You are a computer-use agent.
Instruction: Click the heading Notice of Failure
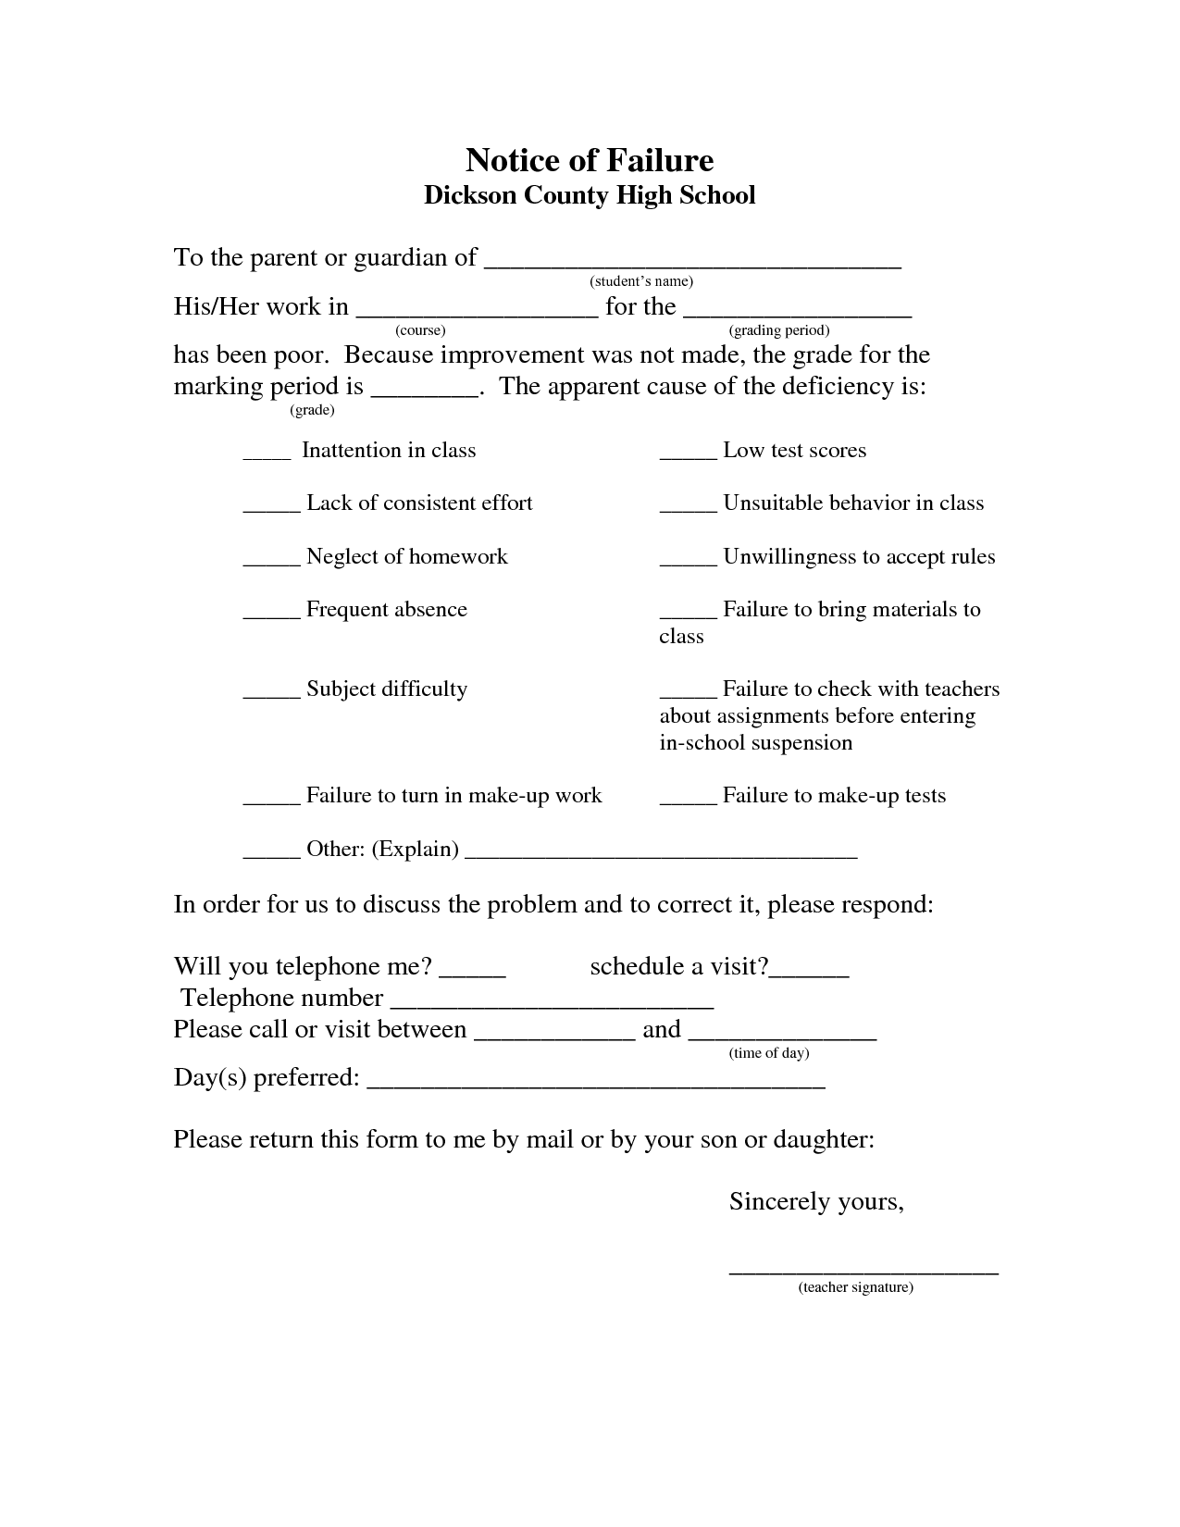point(590,160)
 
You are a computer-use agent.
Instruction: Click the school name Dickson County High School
point(590,195)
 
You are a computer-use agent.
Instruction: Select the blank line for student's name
point(692,262)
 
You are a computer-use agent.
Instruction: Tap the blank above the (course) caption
point(477,312)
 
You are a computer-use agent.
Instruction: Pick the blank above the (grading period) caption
point(798,312)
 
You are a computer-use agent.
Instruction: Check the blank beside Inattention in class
point(267,455)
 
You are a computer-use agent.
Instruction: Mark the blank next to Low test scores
point(688,455)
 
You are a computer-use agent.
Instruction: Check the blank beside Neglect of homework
point(271,562)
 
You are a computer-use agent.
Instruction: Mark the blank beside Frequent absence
point(271,615)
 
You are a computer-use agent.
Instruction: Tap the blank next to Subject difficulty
point(271,694)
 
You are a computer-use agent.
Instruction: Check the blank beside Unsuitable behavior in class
point(688,508)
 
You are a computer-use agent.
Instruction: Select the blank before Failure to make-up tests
point(688,801)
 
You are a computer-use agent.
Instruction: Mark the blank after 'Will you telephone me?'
point(472,972)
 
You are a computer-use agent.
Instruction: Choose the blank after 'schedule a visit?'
point(810,972)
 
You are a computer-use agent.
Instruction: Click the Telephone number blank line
point(552,1003)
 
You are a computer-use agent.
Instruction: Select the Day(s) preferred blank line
point(596,1083)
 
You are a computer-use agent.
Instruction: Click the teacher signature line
point(863,1272)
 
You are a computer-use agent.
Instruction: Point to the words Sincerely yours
point(816,1201)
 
